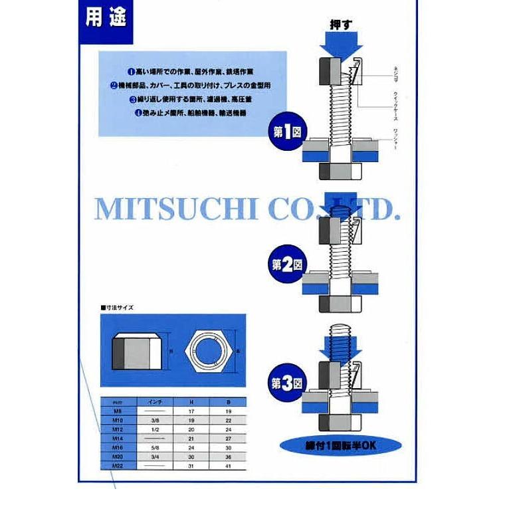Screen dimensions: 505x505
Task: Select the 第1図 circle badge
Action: tap(286, 132)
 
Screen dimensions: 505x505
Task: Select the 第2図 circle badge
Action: tap(286, 264)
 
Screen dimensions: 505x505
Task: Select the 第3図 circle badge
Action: tap(286, 383)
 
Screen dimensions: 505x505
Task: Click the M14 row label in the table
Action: tap(118, 439)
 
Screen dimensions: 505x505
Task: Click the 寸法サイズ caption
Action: tap(118, 308)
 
